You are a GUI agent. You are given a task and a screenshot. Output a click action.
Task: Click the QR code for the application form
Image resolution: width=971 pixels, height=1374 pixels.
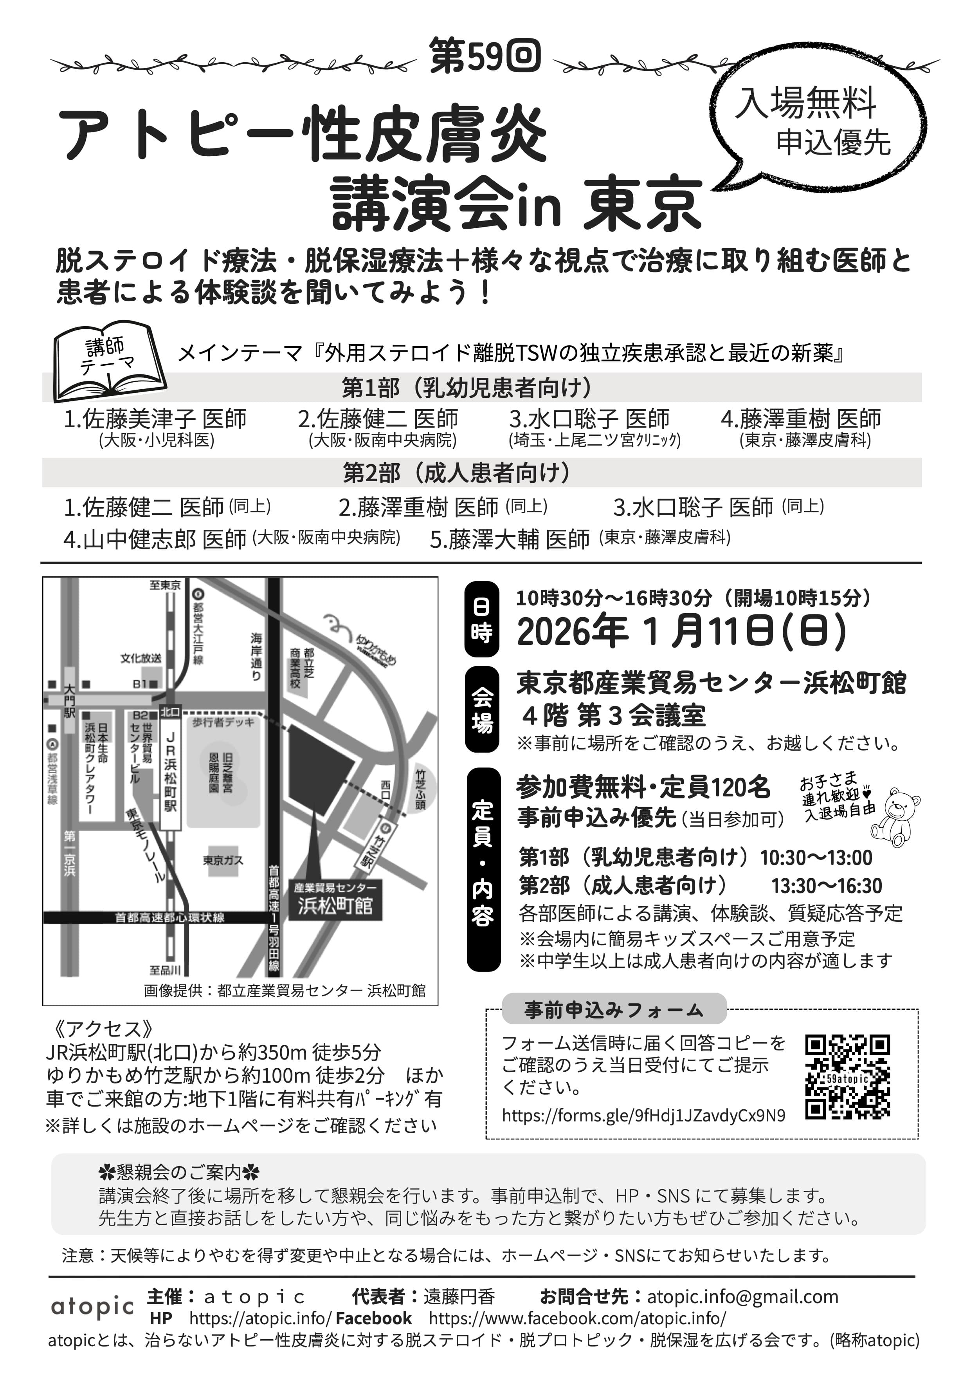point(847,1076)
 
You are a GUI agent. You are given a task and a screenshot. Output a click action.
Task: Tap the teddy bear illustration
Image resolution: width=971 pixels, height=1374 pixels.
point(895,817)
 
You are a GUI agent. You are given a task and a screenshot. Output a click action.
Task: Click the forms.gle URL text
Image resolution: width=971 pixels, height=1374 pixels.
point(643,1116)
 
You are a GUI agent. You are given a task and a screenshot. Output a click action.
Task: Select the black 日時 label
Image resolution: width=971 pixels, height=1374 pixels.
point(482,619)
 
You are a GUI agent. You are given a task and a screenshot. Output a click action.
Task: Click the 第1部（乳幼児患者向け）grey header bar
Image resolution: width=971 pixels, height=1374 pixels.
point(482,388)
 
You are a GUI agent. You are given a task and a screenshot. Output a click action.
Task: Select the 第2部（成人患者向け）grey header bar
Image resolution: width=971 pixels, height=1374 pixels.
point(482,473)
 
